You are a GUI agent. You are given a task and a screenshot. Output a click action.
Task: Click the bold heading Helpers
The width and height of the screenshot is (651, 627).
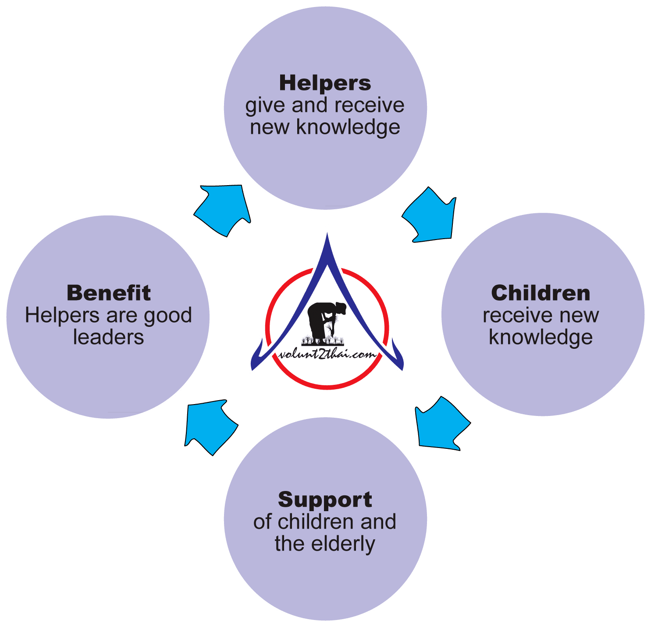325,83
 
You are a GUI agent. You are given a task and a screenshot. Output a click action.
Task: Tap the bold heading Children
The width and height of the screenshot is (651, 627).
541,294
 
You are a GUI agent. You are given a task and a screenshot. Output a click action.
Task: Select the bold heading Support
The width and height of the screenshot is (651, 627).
325,500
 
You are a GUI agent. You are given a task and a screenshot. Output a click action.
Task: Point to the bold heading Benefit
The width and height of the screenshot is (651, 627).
109,293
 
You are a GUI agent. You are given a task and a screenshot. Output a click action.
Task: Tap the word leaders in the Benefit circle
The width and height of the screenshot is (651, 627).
108,337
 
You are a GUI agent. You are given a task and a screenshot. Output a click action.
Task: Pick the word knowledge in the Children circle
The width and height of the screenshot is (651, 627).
541,338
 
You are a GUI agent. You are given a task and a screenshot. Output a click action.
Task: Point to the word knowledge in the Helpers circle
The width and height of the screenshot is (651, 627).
348,128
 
